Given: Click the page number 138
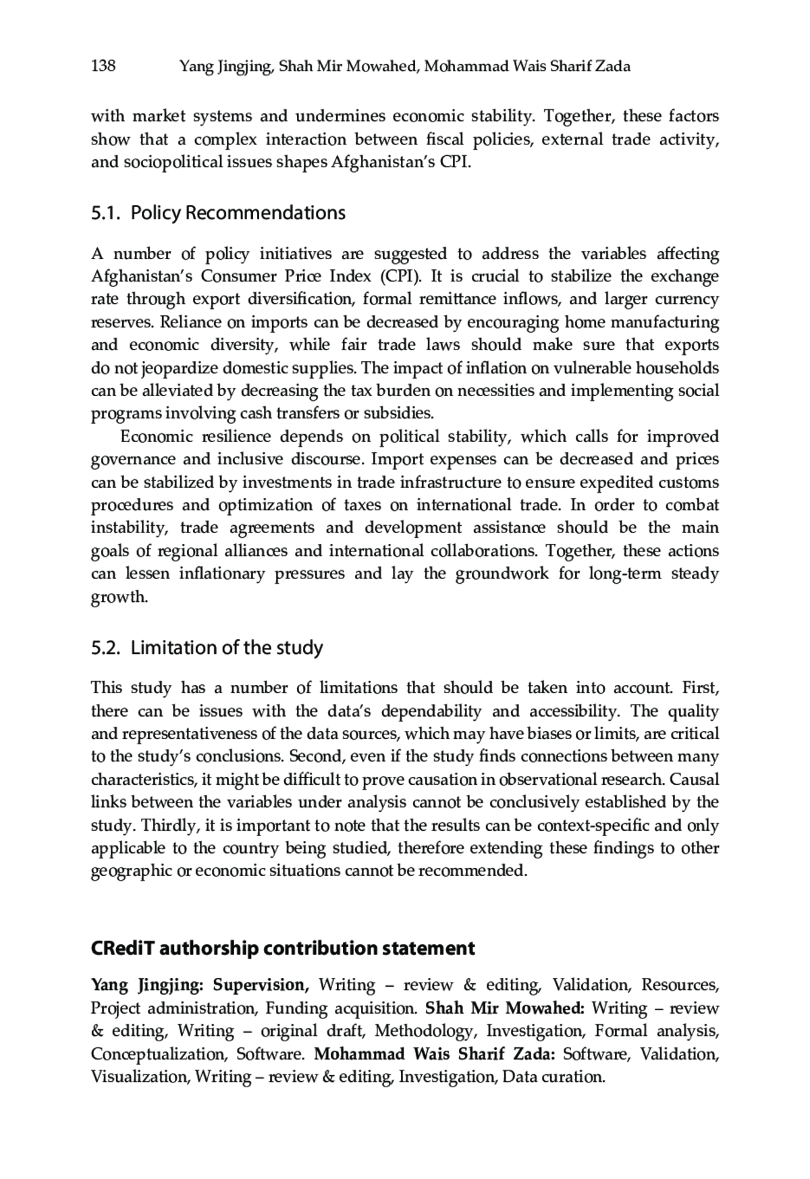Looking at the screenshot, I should [103, 65].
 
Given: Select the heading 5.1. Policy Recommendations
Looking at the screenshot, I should [218, 213].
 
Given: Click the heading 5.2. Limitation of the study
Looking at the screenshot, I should [207, 648].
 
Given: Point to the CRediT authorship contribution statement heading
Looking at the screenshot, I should [283, 948].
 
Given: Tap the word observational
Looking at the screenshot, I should [547, 779].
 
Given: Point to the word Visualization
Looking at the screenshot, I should [140, 1076].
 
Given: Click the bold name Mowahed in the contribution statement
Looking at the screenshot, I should [544, 1008].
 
